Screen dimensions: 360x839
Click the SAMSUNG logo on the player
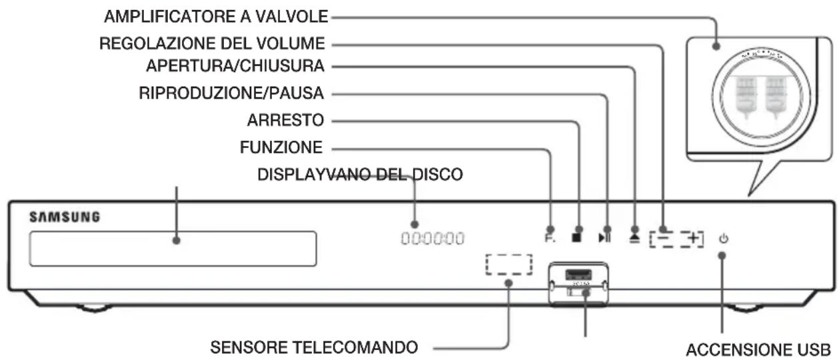click(64, 217)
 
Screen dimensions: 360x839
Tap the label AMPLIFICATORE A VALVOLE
click(215, 17)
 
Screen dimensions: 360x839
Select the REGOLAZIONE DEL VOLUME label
click(212, 44)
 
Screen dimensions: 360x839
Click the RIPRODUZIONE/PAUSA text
click(231, 93)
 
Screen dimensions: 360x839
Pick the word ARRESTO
click(285, 121)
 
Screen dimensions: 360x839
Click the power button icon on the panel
click(723, 237)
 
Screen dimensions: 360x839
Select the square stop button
click(577, 237)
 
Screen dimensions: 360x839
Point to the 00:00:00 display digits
click(432, 238)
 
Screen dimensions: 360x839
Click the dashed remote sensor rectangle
click(509, 265)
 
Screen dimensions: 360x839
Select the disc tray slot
click(172, 249)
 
